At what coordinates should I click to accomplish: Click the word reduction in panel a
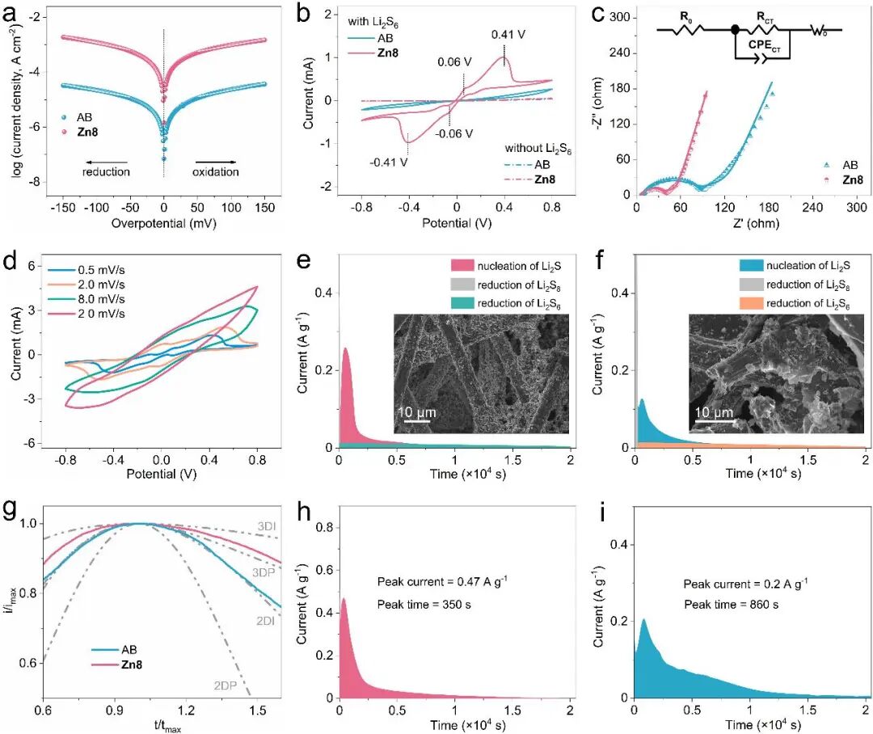point(105,171)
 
